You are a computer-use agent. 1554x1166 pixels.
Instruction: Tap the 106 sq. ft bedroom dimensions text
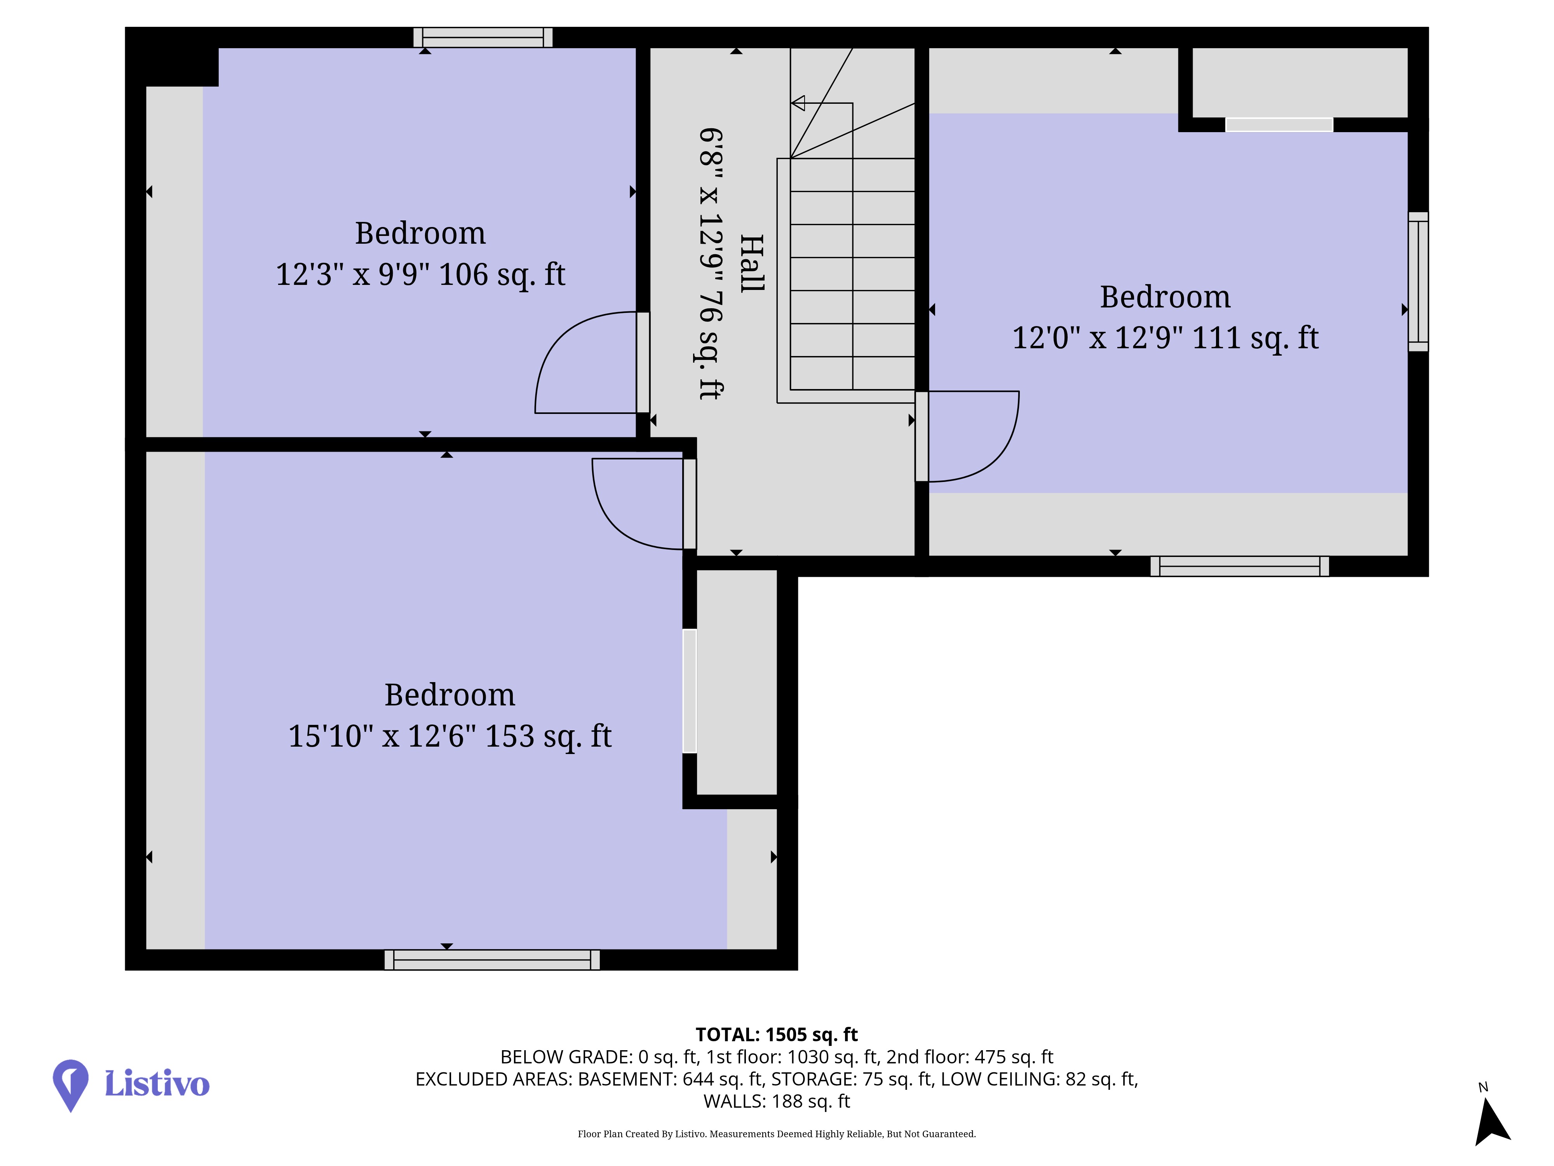pos(420,274)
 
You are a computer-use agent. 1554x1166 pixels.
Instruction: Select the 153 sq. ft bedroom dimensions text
pos(449,736)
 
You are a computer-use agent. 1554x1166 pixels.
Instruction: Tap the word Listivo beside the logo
pos(157,1083)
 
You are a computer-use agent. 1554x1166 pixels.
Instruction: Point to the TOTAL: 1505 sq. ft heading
pos(776,1035)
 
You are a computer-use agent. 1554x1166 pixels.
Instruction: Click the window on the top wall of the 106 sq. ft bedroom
pos(483,37)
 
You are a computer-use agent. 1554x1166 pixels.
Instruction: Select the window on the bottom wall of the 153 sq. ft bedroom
pos(492,960)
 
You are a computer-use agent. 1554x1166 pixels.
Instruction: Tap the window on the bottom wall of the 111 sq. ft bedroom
pos(1239,567)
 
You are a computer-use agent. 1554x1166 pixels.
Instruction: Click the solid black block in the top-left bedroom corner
pos(172,58)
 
